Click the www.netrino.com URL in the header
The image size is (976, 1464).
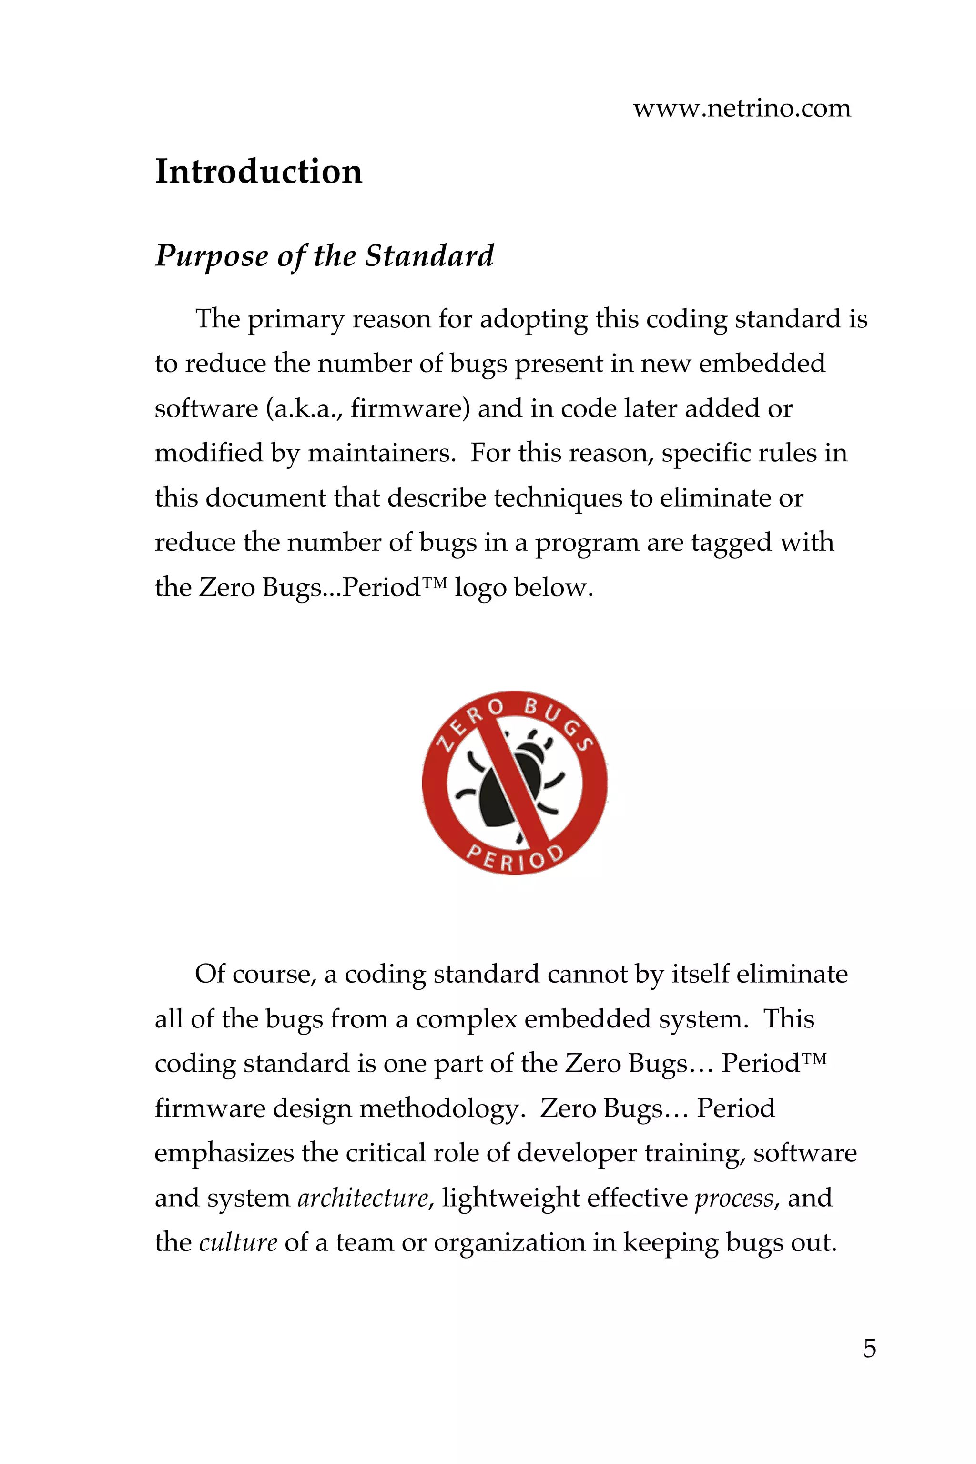tap(742, 109)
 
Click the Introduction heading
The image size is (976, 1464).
tap(258, 171)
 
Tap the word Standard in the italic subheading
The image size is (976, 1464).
tap(429, 256)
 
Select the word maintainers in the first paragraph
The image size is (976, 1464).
tap(380, 454)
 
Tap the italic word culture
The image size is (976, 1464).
tap(238, 1243)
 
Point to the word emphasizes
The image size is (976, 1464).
tap(224, 1153)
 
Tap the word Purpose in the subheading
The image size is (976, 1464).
tap(212, 256)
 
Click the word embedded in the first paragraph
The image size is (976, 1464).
tap(762, 364)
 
